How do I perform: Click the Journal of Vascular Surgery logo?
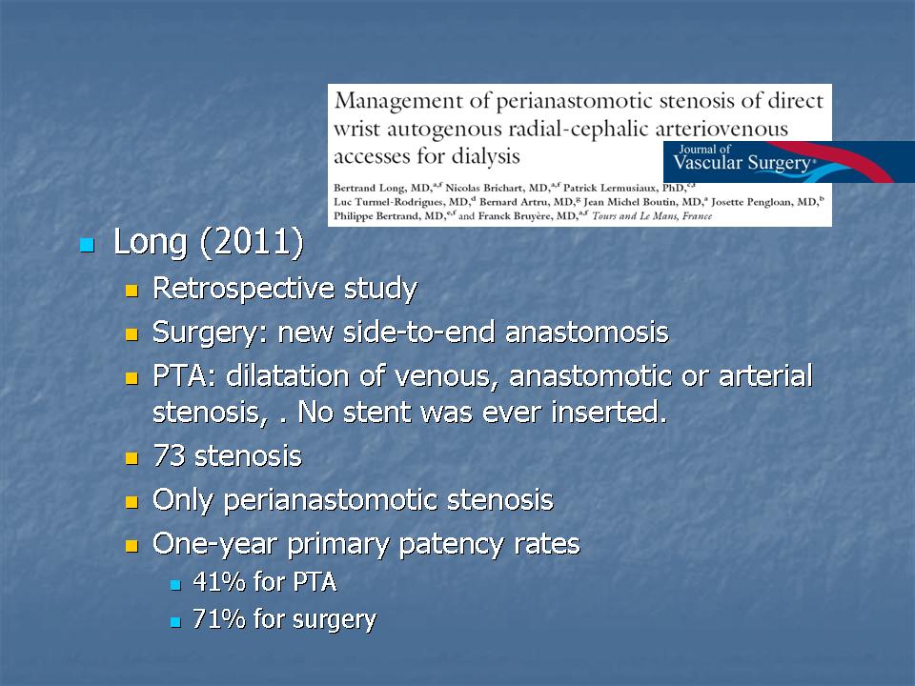pyautogui.click(x=789, y=162)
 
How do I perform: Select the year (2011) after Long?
pyautogui.click(x=252, y=241)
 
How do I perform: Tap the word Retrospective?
pyautogui.click(x=243, y=289)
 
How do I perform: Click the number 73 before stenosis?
pyautogui.click(x=169, y=456)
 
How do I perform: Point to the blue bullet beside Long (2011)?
pyautogui.click(x=87, y=245)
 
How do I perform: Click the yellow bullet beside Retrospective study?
pyautogui.click(x=132, y=291)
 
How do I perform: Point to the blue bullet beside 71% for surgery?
pyautogui.click(x=175, y=622)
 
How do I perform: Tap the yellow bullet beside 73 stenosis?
pyautogui.click(x=132, y=458)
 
